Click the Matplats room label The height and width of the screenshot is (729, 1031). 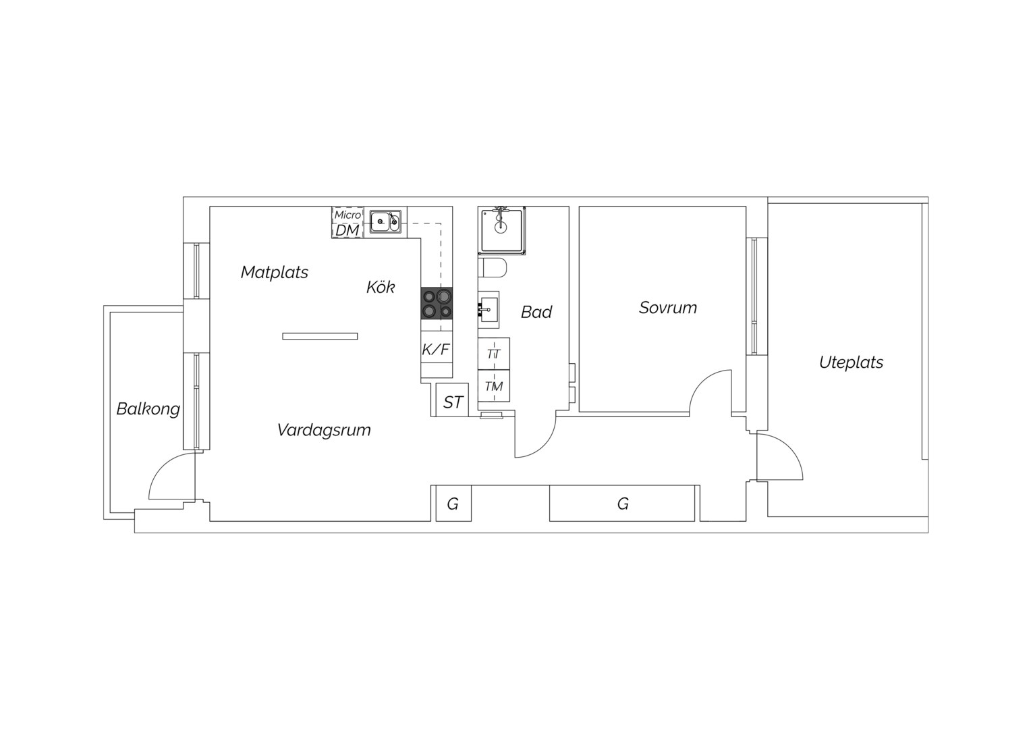(275, 272)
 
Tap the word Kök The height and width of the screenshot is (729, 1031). (381, 287)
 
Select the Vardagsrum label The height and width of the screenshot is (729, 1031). (324, 430)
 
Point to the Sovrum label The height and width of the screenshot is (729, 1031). (668, 308)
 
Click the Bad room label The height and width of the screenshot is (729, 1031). (536, 313)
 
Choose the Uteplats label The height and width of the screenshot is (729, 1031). (851, 362)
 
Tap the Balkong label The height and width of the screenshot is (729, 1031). (148, 409)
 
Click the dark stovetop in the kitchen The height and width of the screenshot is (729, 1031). (437, 303)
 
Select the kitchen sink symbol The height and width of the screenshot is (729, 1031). (386, 222)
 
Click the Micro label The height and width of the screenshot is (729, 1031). (347, 215)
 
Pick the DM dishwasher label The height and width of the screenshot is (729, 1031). (347, 230)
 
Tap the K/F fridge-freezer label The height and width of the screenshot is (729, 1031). (435, 350)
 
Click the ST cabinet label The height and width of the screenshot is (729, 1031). (453, 402)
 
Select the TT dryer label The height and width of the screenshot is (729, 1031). (493, 354)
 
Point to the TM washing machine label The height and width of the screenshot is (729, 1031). (494, 386)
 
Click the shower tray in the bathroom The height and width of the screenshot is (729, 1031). (502, 231)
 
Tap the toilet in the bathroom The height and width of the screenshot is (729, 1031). (492, 268)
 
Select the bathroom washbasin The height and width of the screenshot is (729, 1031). (489, 309)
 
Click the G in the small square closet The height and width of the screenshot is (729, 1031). (453, 504)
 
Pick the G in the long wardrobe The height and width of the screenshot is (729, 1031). (623, 504)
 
